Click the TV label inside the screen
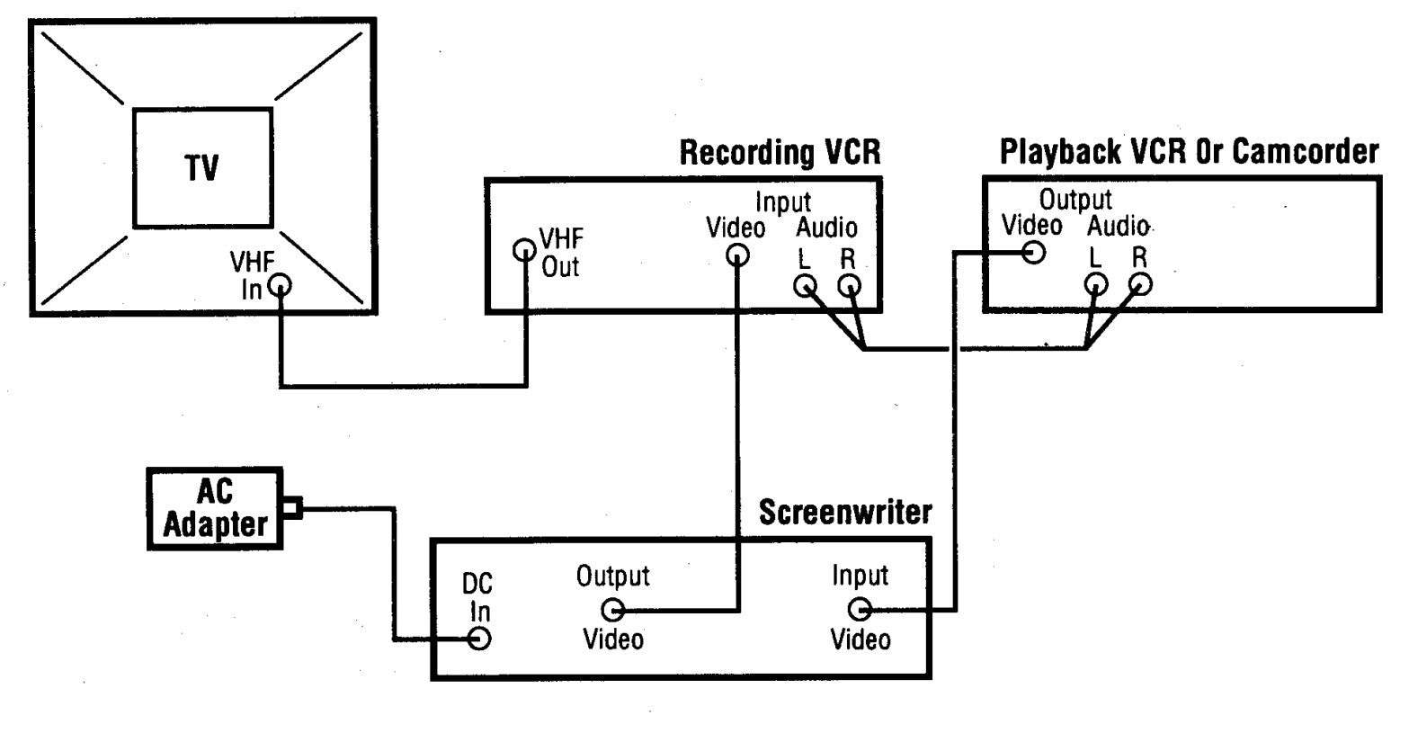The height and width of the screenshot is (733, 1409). point(204,168)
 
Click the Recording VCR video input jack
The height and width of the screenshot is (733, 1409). point(737,256)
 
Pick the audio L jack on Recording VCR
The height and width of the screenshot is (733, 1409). point(805,286)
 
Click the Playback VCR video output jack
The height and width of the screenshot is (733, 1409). point(1033,252)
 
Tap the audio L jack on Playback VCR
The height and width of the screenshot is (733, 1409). point(1094,285)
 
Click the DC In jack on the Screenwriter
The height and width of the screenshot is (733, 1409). point(479,639)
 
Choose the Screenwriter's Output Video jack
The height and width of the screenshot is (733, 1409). point(613,611)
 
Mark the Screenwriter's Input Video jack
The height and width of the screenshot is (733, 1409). point(860,610)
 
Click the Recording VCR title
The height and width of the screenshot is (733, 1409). point(780,153)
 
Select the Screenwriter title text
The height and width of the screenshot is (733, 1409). point(845,513)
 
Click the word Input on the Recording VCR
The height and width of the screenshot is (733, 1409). point(783,203)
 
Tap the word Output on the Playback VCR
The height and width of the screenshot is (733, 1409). point(1075,199)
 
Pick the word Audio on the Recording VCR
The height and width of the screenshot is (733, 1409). point(826,228)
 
